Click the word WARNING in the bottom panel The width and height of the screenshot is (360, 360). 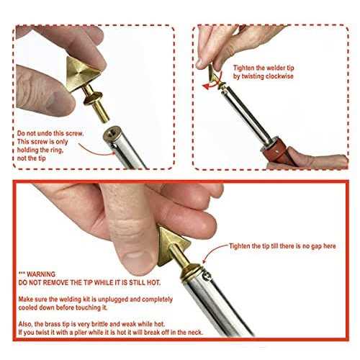pos(41,274)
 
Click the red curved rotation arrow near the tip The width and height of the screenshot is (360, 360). pos(212,83)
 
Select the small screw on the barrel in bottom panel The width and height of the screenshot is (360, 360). pos(207,276)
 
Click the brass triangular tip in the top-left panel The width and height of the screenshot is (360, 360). pos(81,73)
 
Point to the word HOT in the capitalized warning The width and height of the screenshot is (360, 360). pos(153,282)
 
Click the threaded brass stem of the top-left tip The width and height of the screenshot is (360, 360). pos(101,109)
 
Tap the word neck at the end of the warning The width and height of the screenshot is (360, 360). pos(195,333)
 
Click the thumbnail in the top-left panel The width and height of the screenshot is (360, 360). pos(55,103)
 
